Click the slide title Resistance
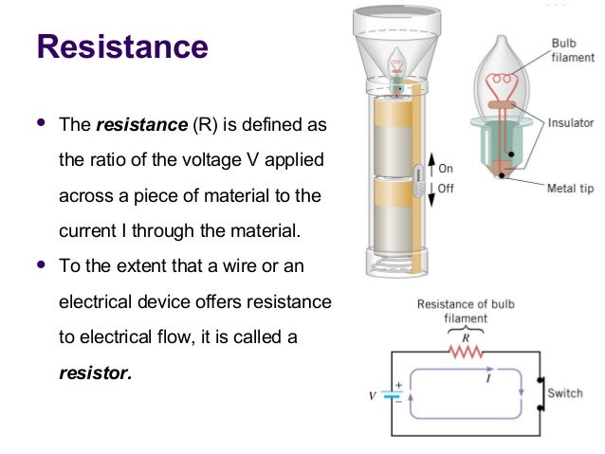(120, 46)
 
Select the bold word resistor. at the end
(95, 372)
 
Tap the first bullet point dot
(39, 123)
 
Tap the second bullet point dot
(39, 264)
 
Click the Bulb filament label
(574, 51)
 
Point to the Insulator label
(571, 122)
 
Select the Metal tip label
(570, 189)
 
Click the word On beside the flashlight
(446, 169)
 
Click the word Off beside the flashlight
(446, 189)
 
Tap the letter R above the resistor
(465, 336)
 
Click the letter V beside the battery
(373, 396)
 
